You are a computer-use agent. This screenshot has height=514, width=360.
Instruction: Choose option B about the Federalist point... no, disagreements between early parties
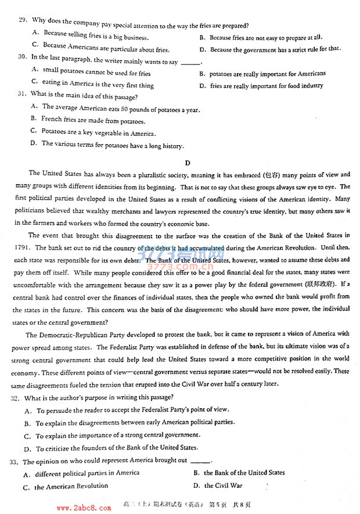click(x=127, y=422)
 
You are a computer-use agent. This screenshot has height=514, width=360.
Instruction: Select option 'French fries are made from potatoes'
click(x=93, y=121)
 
